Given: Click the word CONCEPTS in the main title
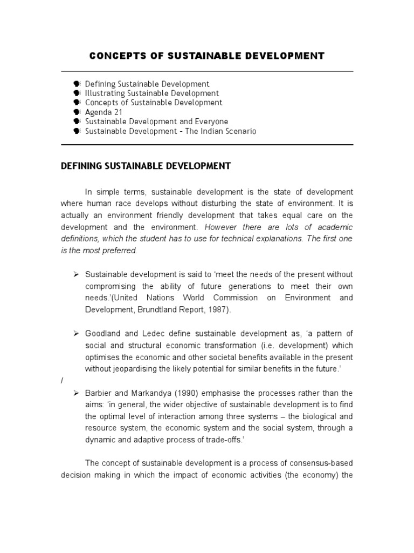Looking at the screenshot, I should pos(115,56).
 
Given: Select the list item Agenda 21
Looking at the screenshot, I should pos(103,112).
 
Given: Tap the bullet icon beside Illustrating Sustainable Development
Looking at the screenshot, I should pos(77,93).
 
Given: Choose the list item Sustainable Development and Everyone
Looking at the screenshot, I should pos(156,122).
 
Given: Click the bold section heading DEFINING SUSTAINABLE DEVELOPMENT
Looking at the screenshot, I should pos(146,166).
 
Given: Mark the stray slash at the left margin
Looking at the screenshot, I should pos(62,380).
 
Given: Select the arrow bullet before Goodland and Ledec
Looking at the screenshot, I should pos(77,333).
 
